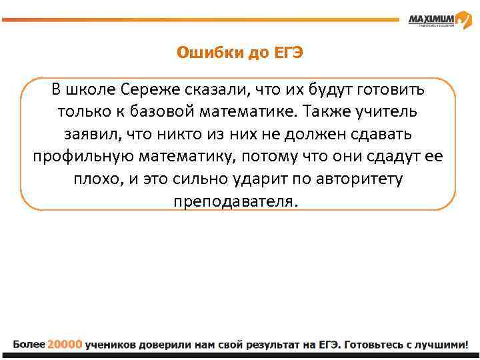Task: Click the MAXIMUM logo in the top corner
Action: click(x=431, y=19)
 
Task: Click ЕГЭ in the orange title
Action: click(x=288, y=53)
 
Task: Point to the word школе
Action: click(x=93, y=89)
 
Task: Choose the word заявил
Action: click(x=94, y=133)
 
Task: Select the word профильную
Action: click(x=83, y=156)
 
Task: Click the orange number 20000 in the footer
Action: click(x=65, y=345)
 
